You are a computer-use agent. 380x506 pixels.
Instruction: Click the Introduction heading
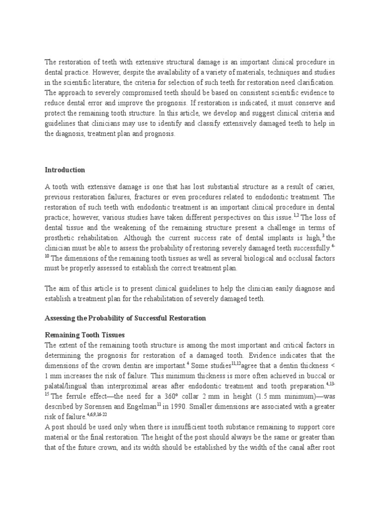pyautogui.click(x=65, y=170)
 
